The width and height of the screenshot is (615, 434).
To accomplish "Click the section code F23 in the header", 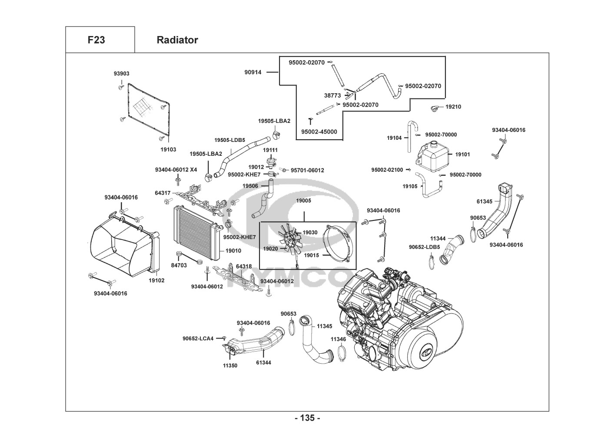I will coord(96,40).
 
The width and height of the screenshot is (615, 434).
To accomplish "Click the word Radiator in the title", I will coord(177,40).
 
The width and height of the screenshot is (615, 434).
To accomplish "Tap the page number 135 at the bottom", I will coord(307,418).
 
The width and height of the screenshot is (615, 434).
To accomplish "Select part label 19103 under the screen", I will coord(168,149).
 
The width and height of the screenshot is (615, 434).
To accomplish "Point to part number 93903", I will coord(122,74).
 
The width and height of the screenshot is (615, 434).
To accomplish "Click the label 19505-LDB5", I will coord(229,140).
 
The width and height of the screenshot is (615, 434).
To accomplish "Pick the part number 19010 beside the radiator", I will coord(233,251).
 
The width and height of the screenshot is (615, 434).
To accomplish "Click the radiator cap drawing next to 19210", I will coord(435,108).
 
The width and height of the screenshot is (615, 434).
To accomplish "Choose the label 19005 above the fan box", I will coord(303,201).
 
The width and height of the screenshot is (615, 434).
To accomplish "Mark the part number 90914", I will coord(253,72).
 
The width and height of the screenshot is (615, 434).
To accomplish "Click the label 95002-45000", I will coord(319,132).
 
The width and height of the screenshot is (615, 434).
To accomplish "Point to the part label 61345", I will coord(485,201).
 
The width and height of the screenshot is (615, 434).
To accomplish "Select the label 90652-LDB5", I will coord(424,247).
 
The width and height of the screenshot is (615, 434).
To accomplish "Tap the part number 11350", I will coord(230,365).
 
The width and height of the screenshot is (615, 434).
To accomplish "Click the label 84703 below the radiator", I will coord(179,265).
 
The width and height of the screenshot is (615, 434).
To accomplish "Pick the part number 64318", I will coord(244,266).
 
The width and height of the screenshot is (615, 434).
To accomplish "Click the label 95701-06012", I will coord(307,171).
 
